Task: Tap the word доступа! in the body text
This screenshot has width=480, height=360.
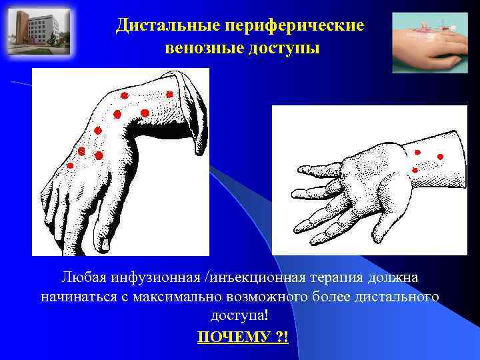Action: (x=240, y=315)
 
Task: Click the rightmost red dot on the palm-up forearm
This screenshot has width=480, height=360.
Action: (x=440, y=157)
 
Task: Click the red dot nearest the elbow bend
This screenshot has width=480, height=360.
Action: (x=170, y=95)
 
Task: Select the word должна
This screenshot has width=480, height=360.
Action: (x=394, y=277)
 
